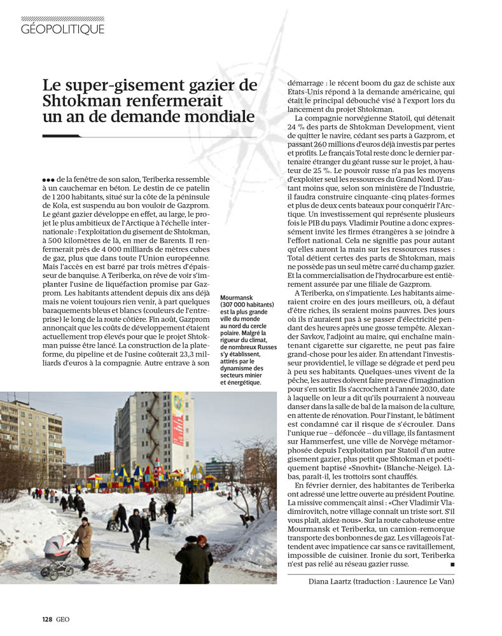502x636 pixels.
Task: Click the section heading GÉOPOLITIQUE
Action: (62, 29)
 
